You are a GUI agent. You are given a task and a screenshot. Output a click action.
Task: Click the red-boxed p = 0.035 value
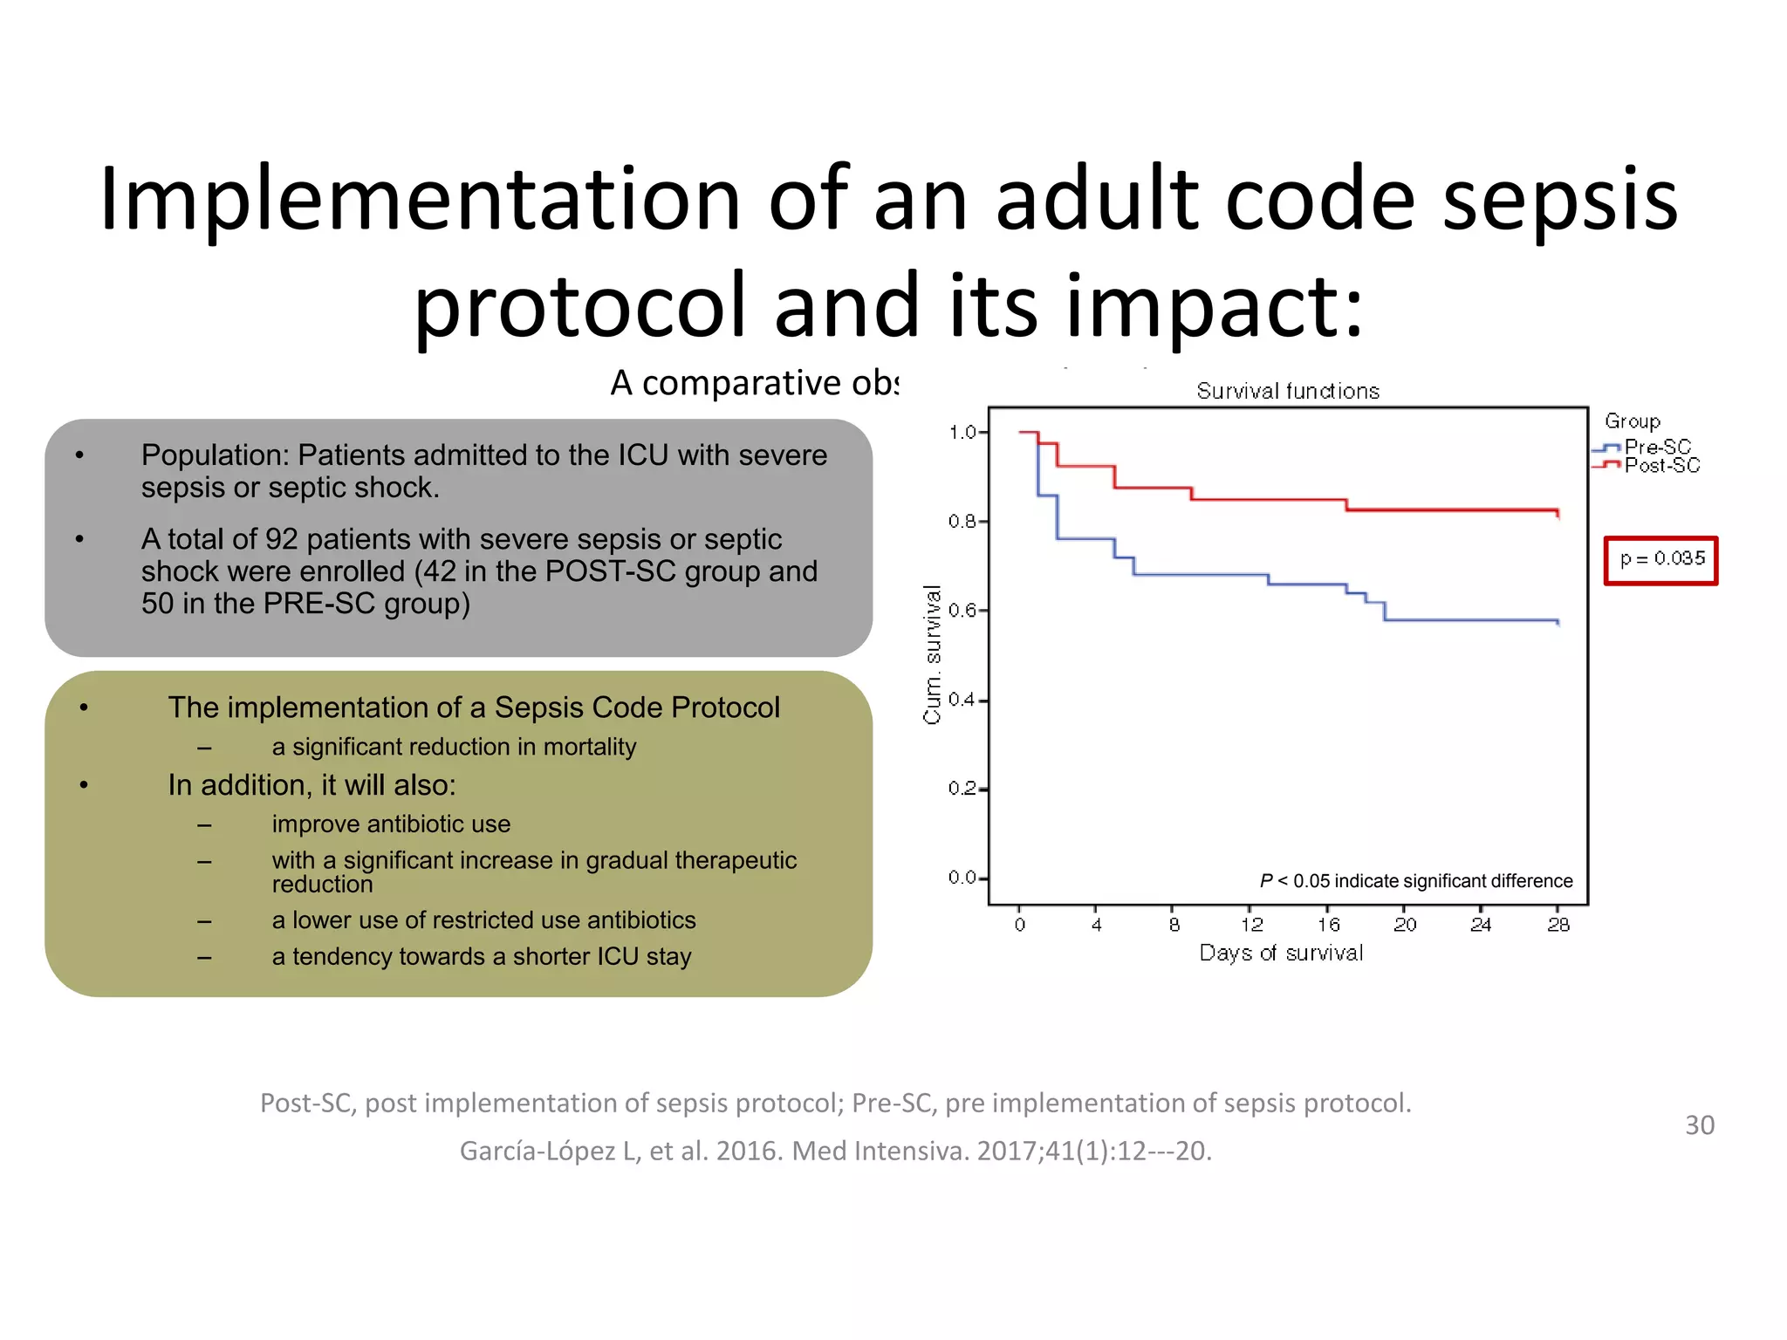coord(1661,559)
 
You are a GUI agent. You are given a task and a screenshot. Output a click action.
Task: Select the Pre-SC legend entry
coord(1655,447)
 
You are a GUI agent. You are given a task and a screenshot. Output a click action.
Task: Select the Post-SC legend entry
coord(1660,466)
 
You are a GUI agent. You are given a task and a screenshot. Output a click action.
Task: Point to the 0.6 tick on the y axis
coord(962,611)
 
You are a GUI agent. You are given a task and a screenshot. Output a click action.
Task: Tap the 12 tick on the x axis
coord(1251,925)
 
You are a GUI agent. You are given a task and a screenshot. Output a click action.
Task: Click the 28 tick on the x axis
coord(1558,925)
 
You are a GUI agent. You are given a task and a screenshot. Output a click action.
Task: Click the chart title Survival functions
coord(1288,392)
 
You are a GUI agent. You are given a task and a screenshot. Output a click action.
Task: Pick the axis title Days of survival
coord(1281,953)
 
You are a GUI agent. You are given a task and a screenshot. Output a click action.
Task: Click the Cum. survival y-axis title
coord(932,654)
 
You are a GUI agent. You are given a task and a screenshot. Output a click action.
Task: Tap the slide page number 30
coord(1699,1125)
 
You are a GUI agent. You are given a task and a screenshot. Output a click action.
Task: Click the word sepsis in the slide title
coord(1560,201)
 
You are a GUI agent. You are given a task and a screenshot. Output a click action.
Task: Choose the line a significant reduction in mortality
coord(454,747)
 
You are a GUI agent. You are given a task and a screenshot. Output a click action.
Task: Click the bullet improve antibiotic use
coord(391,824)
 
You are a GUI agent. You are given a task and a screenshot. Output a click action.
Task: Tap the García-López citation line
coord(835,1152)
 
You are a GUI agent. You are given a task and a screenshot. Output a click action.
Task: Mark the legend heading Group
coord(1632,421)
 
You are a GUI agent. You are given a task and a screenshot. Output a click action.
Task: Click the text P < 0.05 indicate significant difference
coord(1415,881)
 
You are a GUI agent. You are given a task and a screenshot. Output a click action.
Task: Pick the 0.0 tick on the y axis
coord(962,877)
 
